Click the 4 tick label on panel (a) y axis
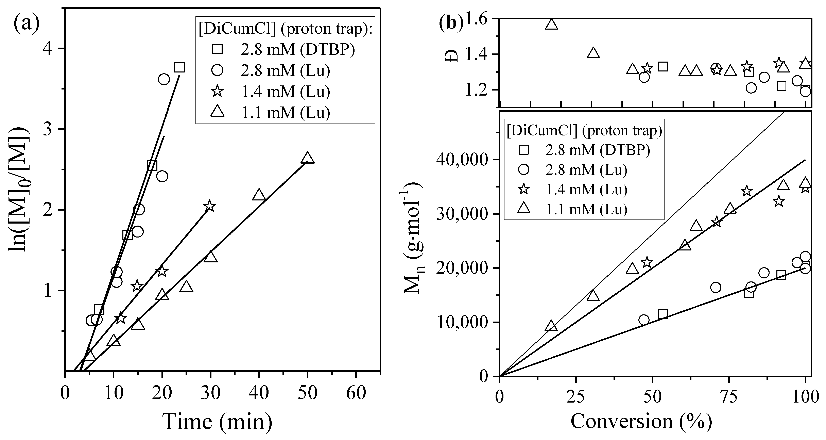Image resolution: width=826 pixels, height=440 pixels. [52, 49]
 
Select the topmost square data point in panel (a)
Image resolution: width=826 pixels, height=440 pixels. [179, 67]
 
